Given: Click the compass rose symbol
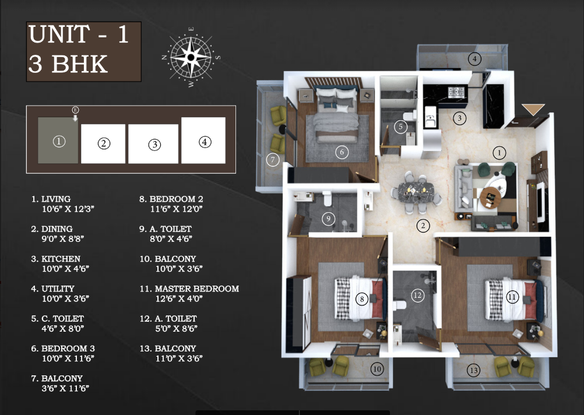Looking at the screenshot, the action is click(x=191, y=57).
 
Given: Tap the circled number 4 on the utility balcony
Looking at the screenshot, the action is click(x=474, y=59).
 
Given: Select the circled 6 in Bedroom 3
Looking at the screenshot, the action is click(x=342, y=152).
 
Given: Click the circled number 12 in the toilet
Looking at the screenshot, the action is click(x=417, y=296).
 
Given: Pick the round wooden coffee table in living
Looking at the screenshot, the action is click(x=490, y=197).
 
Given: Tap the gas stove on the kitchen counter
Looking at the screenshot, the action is click(x=456, y=92).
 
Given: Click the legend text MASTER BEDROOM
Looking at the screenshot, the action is click(x=196, y=289).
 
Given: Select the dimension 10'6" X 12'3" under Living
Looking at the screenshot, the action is click(x=68, y=209).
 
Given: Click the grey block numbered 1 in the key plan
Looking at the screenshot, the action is click(x=58, y=140).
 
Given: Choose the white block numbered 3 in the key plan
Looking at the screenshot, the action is click(x=153, y=144).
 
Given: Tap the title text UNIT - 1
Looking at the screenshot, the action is click(x=78, y=34).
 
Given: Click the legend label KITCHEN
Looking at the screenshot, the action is click(x=61, y=259).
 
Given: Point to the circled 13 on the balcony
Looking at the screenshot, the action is click(x=474, y=370).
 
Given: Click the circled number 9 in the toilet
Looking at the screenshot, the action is click(x=328, y=219).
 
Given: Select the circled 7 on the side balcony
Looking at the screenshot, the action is click(x=273, y=160).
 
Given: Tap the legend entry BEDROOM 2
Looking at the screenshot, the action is click(x=176, y=199).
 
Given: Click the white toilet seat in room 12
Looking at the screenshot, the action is click(x=399, y=305).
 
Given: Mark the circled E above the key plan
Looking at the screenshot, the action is click(x=75, y=110).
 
